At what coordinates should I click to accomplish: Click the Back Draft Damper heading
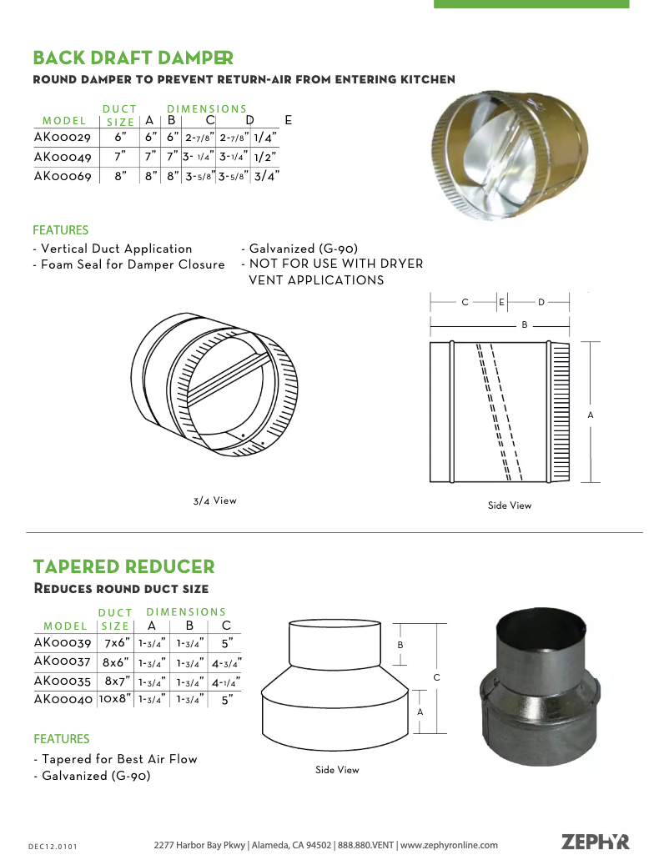coord(133,58)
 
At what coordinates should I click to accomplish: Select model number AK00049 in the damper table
coord(63,156)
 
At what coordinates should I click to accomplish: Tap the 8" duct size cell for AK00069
coord(121,175)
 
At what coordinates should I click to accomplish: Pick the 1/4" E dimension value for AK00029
coord(265,137)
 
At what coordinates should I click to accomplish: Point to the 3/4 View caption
coord(214,500)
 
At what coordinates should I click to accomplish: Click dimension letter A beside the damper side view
coord(591,415)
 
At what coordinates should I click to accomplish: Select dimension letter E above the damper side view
coord(501,302)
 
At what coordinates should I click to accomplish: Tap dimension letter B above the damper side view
coord(525,324)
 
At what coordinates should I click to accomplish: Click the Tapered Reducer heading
coord(123,567)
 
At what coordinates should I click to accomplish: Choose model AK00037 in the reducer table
coord(63,661)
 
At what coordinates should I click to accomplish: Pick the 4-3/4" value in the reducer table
coord(226,663)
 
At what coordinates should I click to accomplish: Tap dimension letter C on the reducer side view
coord(436,677)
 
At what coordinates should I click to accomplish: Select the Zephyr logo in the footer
coord(595,842)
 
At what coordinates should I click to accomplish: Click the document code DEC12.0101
coord(53,847)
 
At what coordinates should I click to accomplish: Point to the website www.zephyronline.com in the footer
coord(449,845)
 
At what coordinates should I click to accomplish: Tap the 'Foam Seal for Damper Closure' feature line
coord(133,264)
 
